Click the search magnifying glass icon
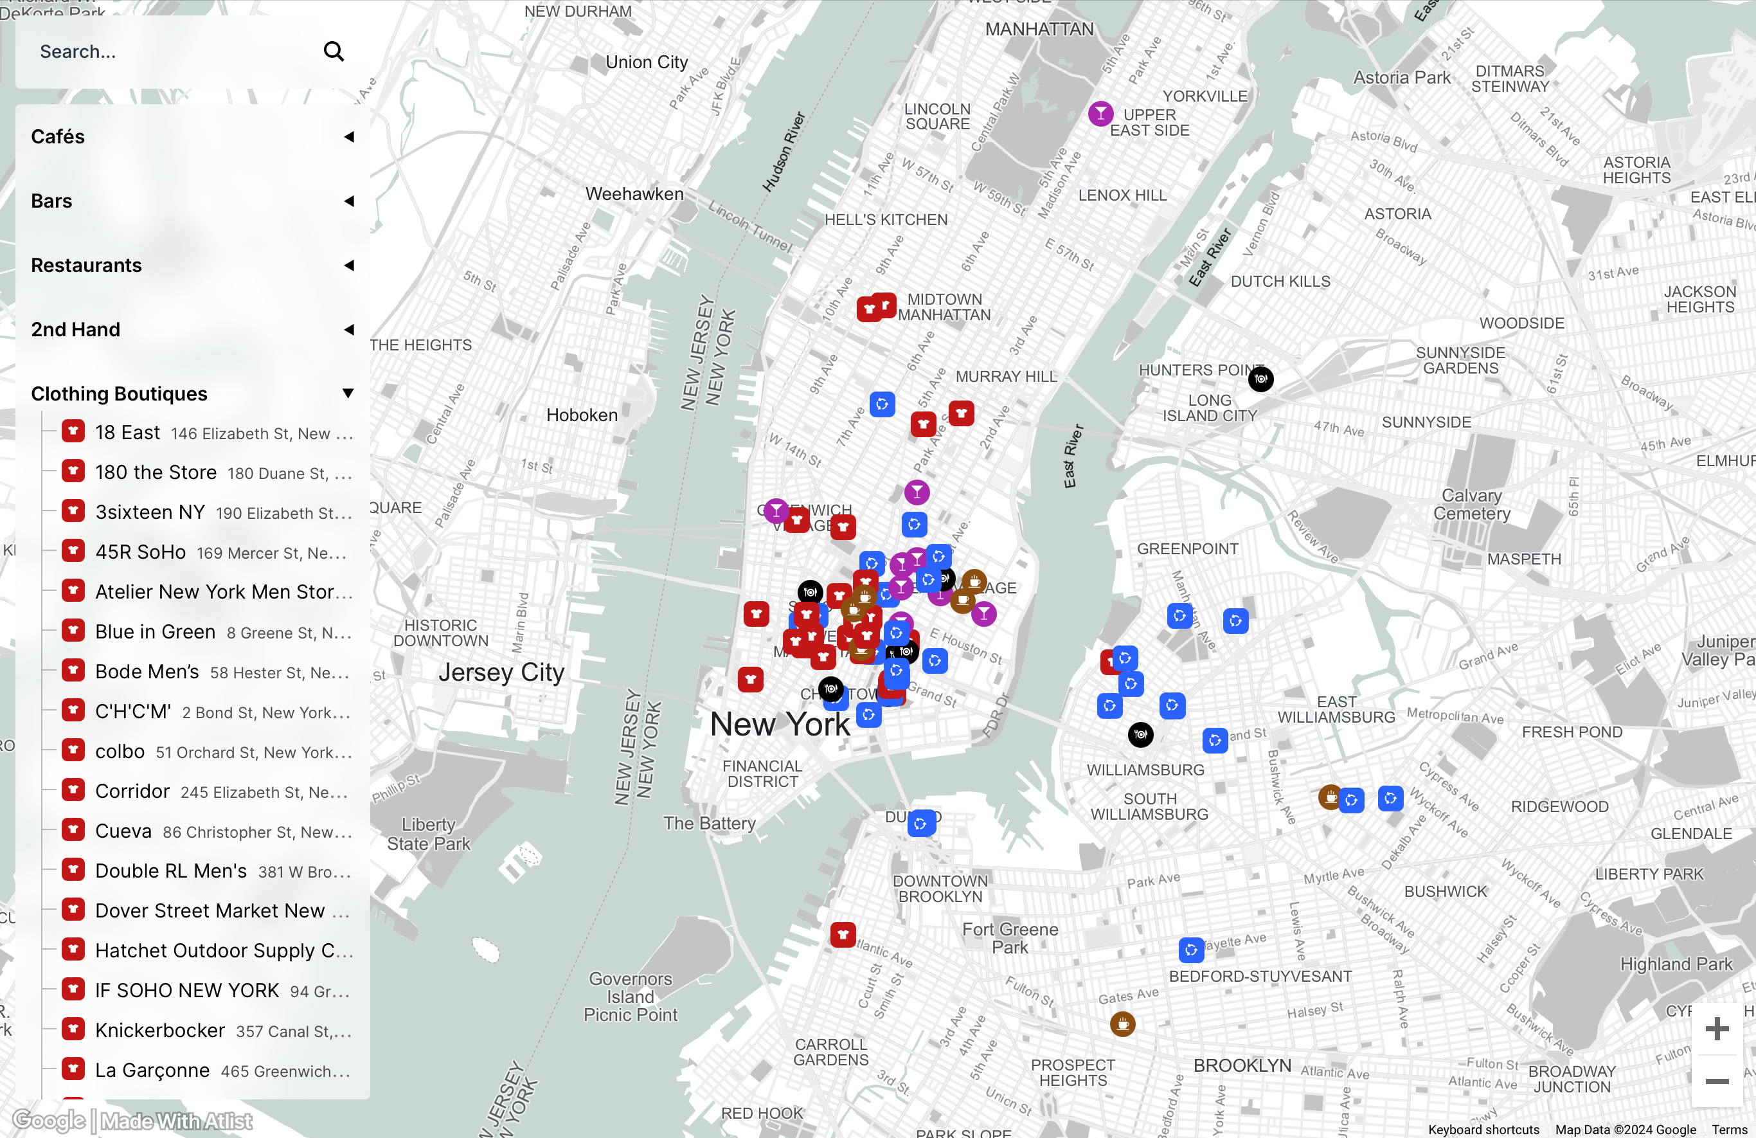point(334,51)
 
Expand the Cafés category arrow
point(349,136)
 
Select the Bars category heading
point(51,201)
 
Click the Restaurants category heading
point(86,265)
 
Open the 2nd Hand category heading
point(75,329)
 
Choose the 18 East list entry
point(128,433)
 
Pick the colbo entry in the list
point(120,752)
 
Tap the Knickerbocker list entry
point(160,1030)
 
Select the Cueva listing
point(123,831)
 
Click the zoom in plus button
point(1717,1028)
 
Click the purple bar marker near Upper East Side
point(1100,114)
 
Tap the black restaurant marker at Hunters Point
point(1261,379)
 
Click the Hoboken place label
point(582,415)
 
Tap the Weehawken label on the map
point(634,194)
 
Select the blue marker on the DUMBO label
point(921,823)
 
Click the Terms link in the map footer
point(1730,1129)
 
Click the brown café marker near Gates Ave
point(1122,1024)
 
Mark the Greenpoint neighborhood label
point(1187,548)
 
